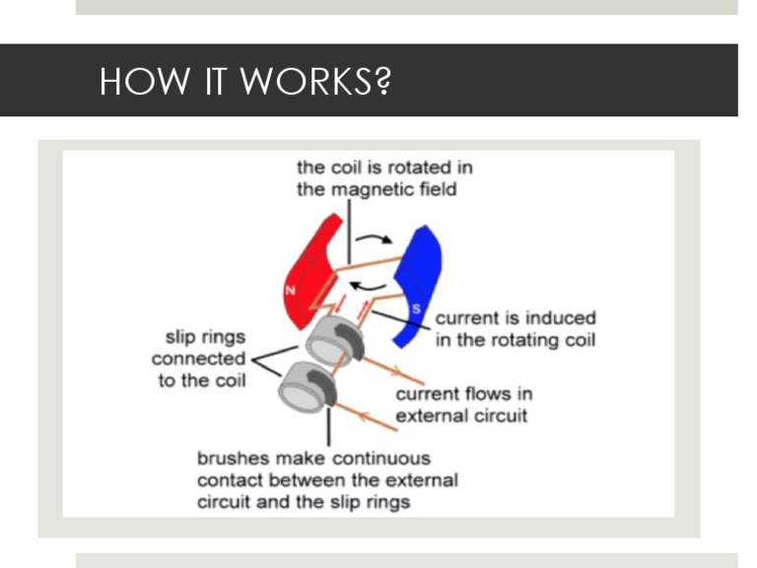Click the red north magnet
[306, 271]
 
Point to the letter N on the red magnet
[293, 290]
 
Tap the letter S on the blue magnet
[417, 310]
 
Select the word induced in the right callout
[561, 319]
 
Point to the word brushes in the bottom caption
[233, 459]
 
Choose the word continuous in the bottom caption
[381, 459]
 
